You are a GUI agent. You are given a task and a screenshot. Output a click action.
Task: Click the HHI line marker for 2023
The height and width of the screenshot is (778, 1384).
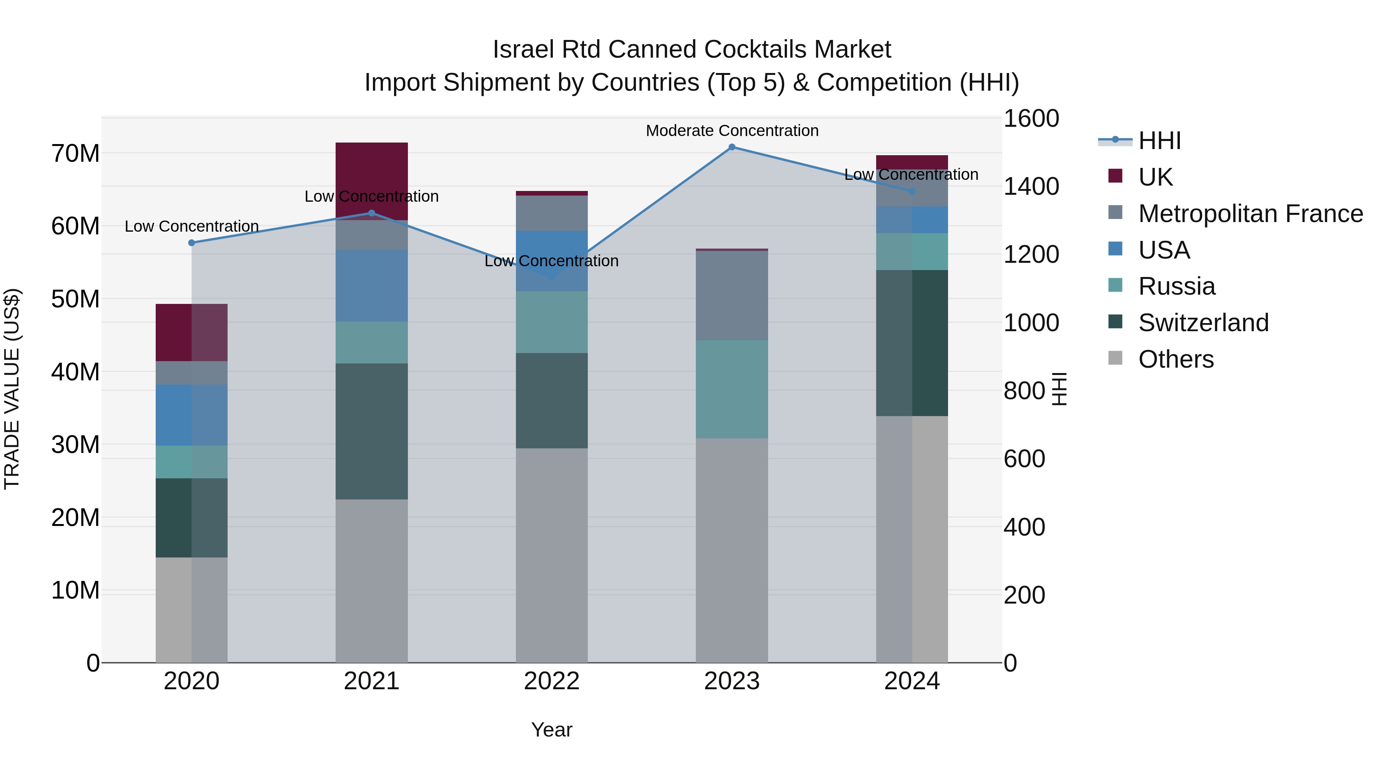point(732,147)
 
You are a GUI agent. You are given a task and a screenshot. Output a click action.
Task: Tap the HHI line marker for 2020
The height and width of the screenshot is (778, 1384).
point(192,243)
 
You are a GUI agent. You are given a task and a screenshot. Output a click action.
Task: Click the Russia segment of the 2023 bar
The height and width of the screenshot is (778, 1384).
point(732,389)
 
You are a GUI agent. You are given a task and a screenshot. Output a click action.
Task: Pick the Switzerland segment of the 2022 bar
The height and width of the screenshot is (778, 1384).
point(552,401)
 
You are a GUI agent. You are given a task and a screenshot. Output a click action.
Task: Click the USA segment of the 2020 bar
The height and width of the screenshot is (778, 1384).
point(192,415)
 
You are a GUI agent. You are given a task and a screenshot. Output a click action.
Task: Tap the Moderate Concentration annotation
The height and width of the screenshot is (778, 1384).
point(732,131)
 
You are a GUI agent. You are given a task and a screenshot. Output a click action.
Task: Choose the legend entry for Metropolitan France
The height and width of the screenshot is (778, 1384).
point(1250,214)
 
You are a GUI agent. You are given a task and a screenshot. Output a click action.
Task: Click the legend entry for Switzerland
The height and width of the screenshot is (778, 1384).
point(1203,323)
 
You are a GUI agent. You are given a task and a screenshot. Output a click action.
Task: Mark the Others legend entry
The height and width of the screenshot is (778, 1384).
point(1176,359)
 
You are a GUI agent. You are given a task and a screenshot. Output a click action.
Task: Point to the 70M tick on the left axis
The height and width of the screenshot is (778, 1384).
point(75,154)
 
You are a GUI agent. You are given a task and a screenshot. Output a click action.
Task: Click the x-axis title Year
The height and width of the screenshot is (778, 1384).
point(552,730)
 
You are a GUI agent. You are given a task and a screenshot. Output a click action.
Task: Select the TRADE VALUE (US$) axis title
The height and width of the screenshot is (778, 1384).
point(12,389)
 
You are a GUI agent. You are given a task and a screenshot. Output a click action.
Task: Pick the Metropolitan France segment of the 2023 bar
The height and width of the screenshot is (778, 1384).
point(732,295)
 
